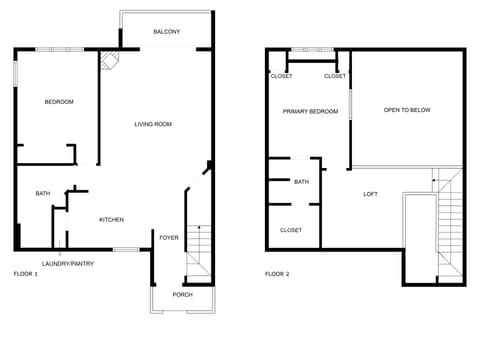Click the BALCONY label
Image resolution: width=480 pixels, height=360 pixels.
167,33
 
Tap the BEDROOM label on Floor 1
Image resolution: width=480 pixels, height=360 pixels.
59,102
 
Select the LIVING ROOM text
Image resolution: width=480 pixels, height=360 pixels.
154,124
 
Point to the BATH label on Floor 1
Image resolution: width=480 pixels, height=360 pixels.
43,194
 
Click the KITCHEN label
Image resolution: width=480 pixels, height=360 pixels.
111,219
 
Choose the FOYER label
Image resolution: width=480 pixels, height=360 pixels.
169,237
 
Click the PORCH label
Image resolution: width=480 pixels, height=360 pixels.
182,295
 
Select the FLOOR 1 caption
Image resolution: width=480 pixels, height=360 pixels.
25,273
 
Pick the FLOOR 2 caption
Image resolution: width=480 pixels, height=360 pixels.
277,273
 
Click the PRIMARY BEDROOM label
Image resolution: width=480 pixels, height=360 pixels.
310,111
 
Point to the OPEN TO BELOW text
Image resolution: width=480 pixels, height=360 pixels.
407,110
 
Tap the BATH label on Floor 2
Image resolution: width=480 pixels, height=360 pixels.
301,182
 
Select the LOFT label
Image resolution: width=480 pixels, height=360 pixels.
370,194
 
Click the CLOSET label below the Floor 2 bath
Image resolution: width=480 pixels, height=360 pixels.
291,230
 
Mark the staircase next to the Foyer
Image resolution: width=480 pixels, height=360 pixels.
199,250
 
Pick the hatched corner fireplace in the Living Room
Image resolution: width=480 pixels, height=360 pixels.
109,61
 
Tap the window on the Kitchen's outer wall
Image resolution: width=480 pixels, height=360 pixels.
125,249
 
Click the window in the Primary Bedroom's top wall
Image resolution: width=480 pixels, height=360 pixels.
311,49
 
